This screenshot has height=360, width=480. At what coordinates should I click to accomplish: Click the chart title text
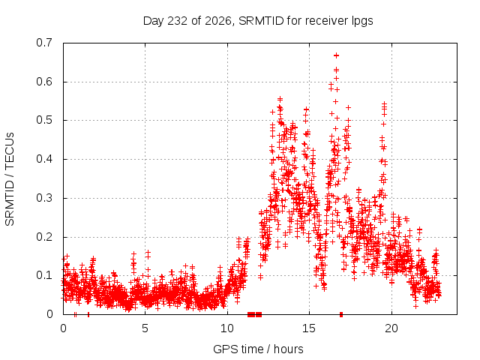click(x=258, y=21)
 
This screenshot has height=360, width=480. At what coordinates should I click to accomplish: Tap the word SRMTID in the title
click(x=261, y=21)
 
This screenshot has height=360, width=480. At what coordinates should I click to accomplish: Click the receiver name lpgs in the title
click(x=362, y=22)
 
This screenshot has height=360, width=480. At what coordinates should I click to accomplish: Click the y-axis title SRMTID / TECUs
click(x=10, y=179)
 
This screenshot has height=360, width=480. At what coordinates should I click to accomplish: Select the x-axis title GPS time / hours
click(x=258, y=349)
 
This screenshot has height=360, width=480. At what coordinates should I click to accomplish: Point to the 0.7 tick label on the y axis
click(x=44, y=43)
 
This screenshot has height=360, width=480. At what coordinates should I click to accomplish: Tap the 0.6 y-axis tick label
click(x=44, y=82)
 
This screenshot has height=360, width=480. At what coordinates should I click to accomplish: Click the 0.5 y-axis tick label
click(x=44, y=120)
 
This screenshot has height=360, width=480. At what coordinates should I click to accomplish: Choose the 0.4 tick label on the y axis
click(x=44, y=159)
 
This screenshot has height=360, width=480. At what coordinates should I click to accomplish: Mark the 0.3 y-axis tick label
click(x=44, y=198)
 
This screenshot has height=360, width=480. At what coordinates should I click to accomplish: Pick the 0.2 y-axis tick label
click(x=44, y=237)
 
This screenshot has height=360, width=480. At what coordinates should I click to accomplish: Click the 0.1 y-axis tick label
click(x=44, y=275)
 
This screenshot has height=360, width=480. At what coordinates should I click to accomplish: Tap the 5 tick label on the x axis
click(x=145, y=328)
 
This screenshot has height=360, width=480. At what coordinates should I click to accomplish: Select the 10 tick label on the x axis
click(x=227, y=328)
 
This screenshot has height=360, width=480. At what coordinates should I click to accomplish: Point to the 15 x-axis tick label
click(x=309, y=328)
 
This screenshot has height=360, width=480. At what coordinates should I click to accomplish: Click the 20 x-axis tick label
click(x=391, y=328)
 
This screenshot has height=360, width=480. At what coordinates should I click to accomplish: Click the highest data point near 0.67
click(x=337, y=55)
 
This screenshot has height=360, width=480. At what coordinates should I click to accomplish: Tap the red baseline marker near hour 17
click(x=341, y=314)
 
